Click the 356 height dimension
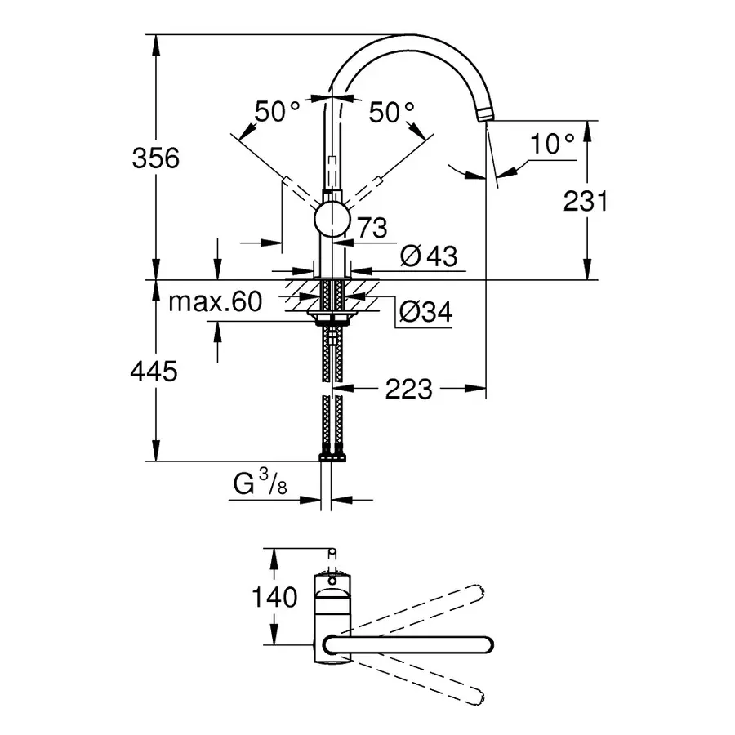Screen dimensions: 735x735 pyautogui.click(x=155, y=158)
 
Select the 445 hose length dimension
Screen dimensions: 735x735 pyautogui.click(x=154, y=372)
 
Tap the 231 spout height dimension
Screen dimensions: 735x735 pyautogui.click(x=586, y=200)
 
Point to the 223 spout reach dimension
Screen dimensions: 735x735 pyautogui.click(x=408, y=390)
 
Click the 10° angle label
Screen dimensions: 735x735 pyautogui.click(x=552, y=145)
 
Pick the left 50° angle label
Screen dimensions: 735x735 pyautogui.click(x=277, y=112)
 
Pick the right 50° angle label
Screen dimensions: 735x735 pyautogui.click(x=391, y=112)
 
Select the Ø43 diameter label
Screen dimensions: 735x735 pyautogui.click(x=428, y=256)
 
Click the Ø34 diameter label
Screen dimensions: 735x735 pyautogui.click(x=425, y=311)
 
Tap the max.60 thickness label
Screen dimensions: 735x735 pyautogui.click(x=216, y=302)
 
